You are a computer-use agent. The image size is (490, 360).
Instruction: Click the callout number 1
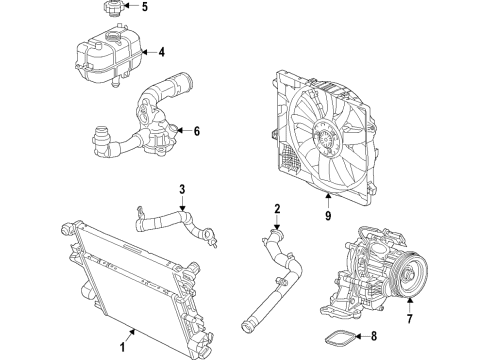[123, 348]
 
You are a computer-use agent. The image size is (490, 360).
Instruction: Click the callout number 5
[171, 8]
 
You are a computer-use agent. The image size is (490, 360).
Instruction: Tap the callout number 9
[328, 212]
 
